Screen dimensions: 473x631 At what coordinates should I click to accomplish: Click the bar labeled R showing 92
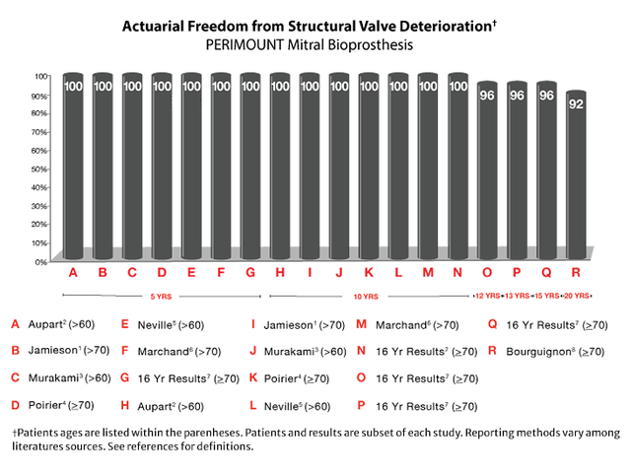click(x=576, y=177)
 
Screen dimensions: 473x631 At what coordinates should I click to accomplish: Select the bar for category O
click(x=487, y=172)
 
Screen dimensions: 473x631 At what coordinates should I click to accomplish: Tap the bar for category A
click(x=72, y=168)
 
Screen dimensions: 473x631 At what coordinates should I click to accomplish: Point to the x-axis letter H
click(x=280, y=272)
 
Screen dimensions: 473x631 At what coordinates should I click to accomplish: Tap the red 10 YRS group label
click(x=365, y=296)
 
